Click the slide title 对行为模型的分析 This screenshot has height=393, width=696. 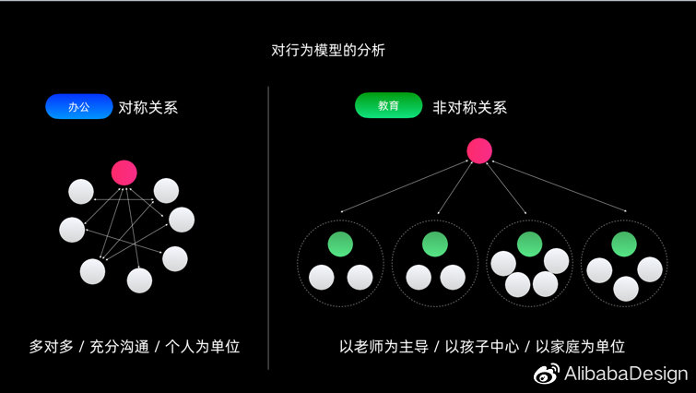coord(328,51)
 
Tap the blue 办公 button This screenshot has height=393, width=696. coord(78,107)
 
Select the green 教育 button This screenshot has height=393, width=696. coord(388,106)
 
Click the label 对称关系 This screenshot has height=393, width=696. coord(148,107)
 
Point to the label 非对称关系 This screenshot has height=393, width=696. coord(470,107)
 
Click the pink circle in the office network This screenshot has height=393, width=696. coord(124,172)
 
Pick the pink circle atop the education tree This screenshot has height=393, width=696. coord(479,150)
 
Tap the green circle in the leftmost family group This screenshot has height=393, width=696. coord(340,244)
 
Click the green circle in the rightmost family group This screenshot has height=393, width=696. coord(624,244)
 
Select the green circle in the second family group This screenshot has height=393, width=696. coord(434,244)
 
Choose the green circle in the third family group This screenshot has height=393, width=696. coord(529,244)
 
